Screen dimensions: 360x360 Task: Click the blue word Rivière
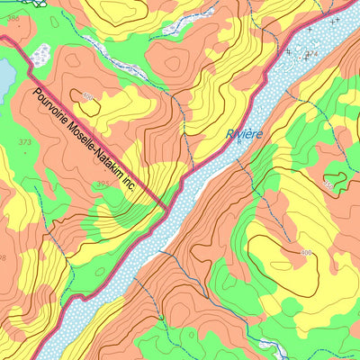(x=244, y=134)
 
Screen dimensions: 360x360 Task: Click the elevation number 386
(x=13, y=17)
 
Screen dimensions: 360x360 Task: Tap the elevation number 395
(x=103, y=184)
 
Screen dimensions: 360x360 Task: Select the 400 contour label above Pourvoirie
(x=87, y=95)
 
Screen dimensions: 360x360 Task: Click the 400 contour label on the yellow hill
(x=306, y=252)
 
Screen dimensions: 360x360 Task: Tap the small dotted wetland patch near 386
(x=40, y=56)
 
